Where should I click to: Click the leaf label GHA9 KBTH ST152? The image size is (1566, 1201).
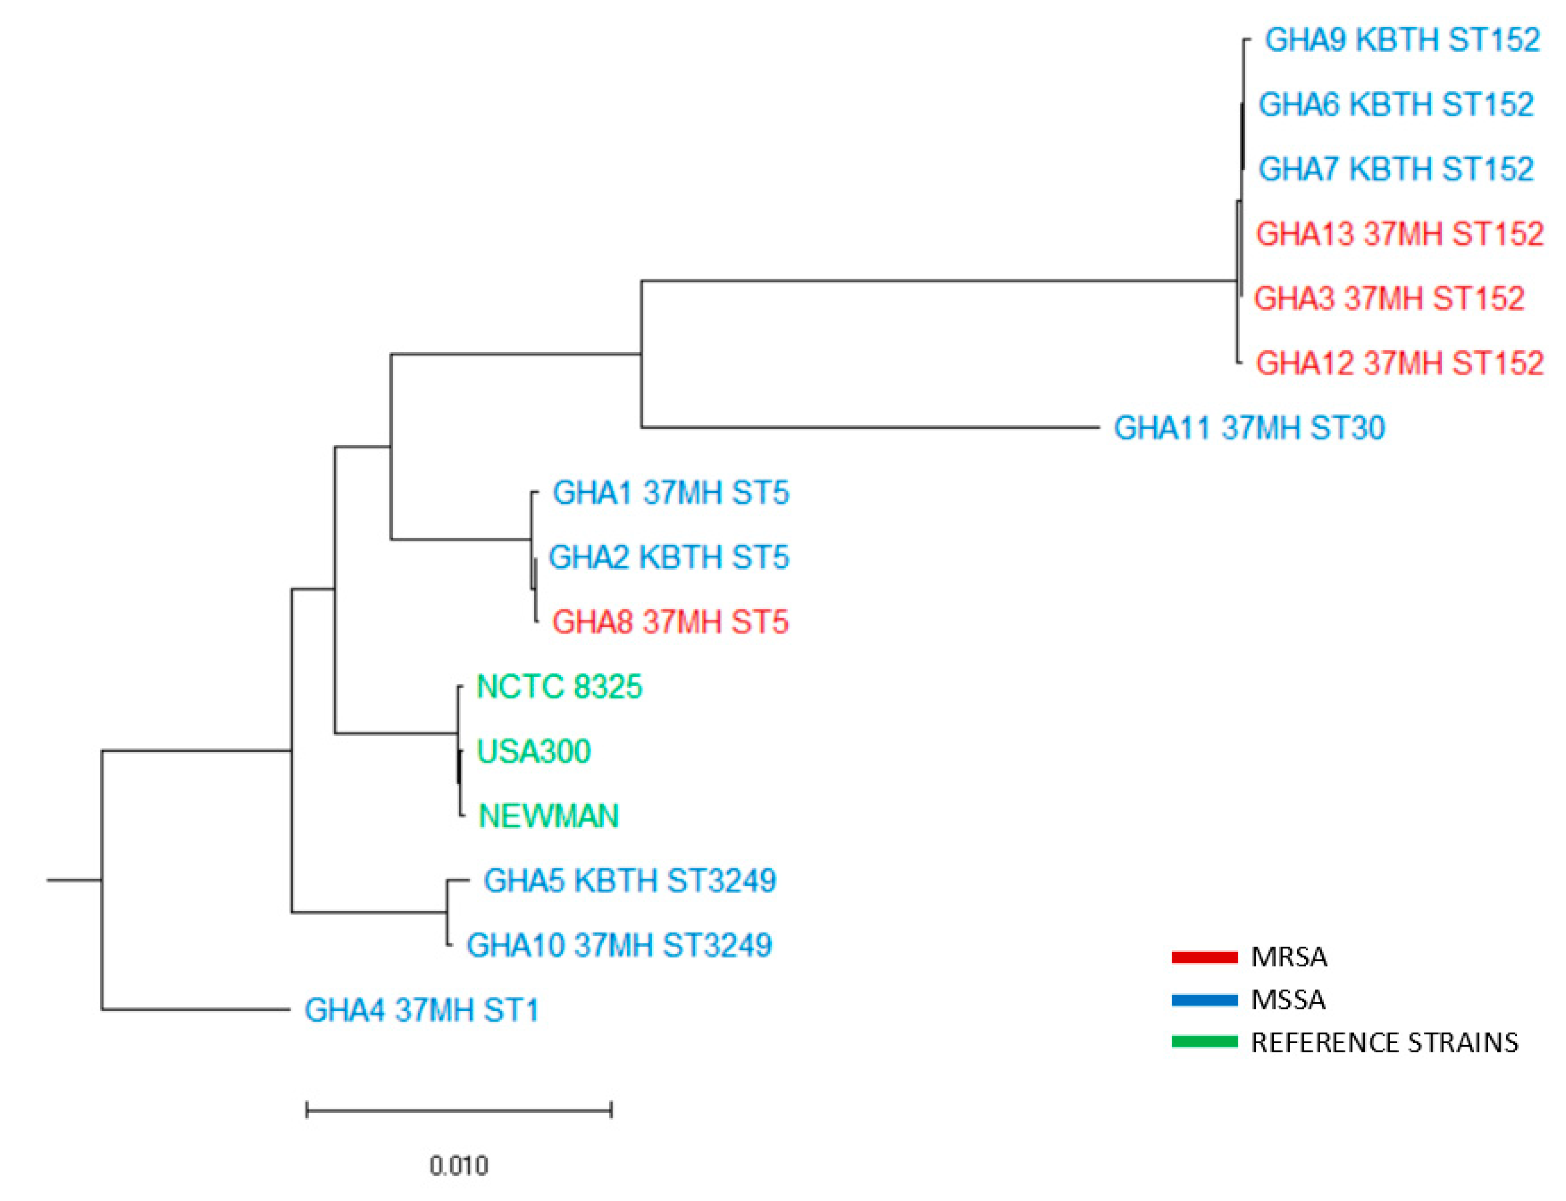click(1402, 40)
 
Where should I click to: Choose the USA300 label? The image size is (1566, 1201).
click(533, 751)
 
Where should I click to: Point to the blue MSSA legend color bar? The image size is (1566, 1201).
click(1204, 1000)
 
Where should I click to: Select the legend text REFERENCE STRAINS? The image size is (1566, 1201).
click(1384, 1042)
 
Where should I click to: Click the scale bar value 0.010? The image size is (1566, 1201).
click(458, 1166)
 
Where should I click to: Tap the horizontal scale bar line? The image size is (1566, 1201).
click(458, 1110)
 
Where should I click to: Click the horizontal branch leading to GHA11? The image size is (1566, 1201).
click(869, 427)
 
